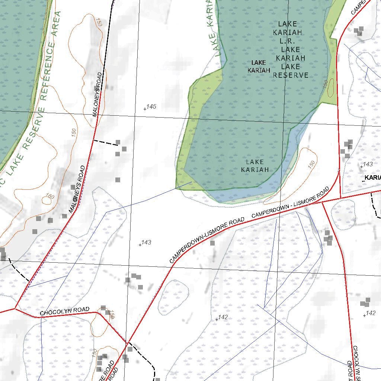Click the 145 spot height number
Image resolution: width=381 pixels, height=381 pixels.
pos(151,107)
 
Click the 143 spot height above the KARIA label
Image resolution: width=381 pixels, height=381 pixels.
pos(368,164)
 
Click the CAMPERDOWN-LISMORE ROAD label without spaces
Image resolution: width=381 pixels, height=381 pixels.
pos(207,240)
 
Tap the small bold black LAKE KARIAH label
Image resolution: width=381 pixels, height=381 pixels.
pos(259,66)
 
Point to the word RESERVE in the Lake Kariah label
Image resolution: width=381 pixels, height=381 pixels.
pos(291,75)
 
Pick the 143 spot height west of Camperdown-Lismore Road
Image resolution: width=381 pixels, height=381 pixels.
pos(146,243)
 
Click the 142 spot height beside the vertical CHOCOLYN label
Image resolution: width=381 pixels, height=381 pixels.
pos(370,313)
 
